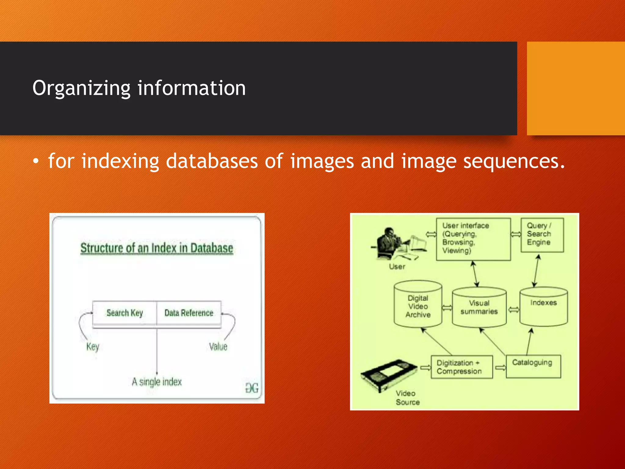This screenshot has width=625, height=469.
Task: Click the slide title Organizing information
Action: point(139,88)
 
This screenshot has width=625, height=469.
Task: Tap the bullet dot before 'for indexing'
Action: point(36,162)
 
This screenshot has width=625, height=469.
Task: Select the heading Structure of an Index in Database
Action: point(157,248)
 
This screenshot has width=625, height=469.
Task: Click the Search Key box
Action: point(125,313)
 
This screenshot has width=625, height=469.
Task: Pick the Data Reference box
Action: point(189,313)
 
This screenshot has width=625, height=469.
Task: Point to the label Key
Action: point(92,347)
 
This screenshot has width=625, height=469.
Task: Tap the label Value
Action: point(218,347)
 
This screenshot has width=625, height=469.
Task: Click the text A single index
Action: point(157,382)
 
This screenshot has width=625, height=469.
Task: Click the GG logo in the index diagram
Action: point(252,388)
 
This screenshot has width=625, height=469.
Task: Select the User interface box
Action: point(473,239)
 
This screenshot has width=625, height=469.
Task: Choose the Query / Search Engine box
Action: point(542,234)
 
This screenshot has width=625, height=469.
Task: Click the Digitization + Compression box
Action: point(461,367)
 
